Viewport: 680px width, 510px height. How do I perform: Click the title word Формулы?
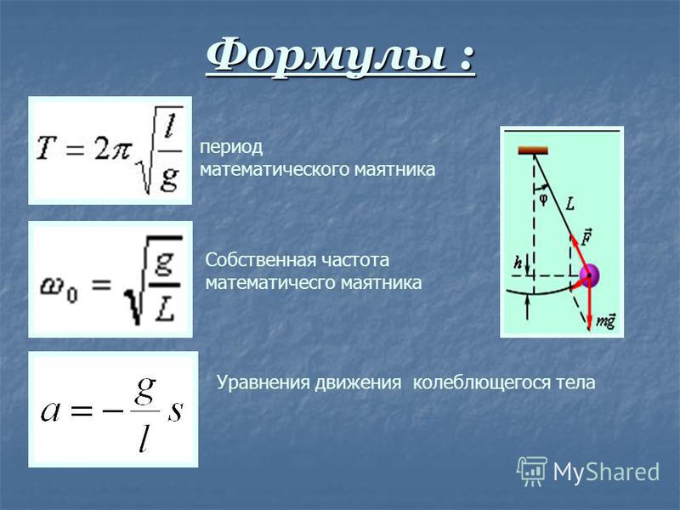tap(326, 57)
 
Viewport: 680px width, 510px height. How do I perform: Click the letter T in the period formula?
tap(48, 147)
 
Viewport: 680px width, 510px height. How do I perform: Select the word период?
tap(231, 148)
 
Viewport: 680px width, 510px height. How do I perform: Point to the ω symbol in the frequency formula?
tap(52, 286)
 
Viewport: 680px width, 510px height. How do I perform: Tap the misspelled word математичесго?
tap(270, 283)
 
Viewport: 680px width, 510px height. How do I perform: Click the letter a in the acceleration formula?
tap(50, 411)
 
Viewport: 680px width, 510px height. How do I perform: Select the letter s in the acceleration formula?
tap(175, 411)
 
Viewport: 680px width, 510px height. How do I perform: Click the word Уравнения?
tap(263, 383)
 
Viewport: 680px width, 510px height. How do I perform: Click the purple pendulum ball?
tap(590, 275)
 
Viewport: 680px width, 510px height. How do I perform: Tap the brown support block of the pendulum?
tap(533, 150)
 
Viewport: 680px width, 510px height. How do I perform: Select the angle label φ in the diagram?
tap(543, 200)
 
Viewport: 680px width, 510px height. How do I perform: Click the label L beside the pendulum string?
tap(570, 204)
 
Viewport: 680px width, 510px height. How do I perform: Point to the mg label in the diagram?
tap(606, 321)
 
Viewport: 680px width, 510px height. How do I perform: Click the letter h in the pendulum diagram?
tap(518, 263)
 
